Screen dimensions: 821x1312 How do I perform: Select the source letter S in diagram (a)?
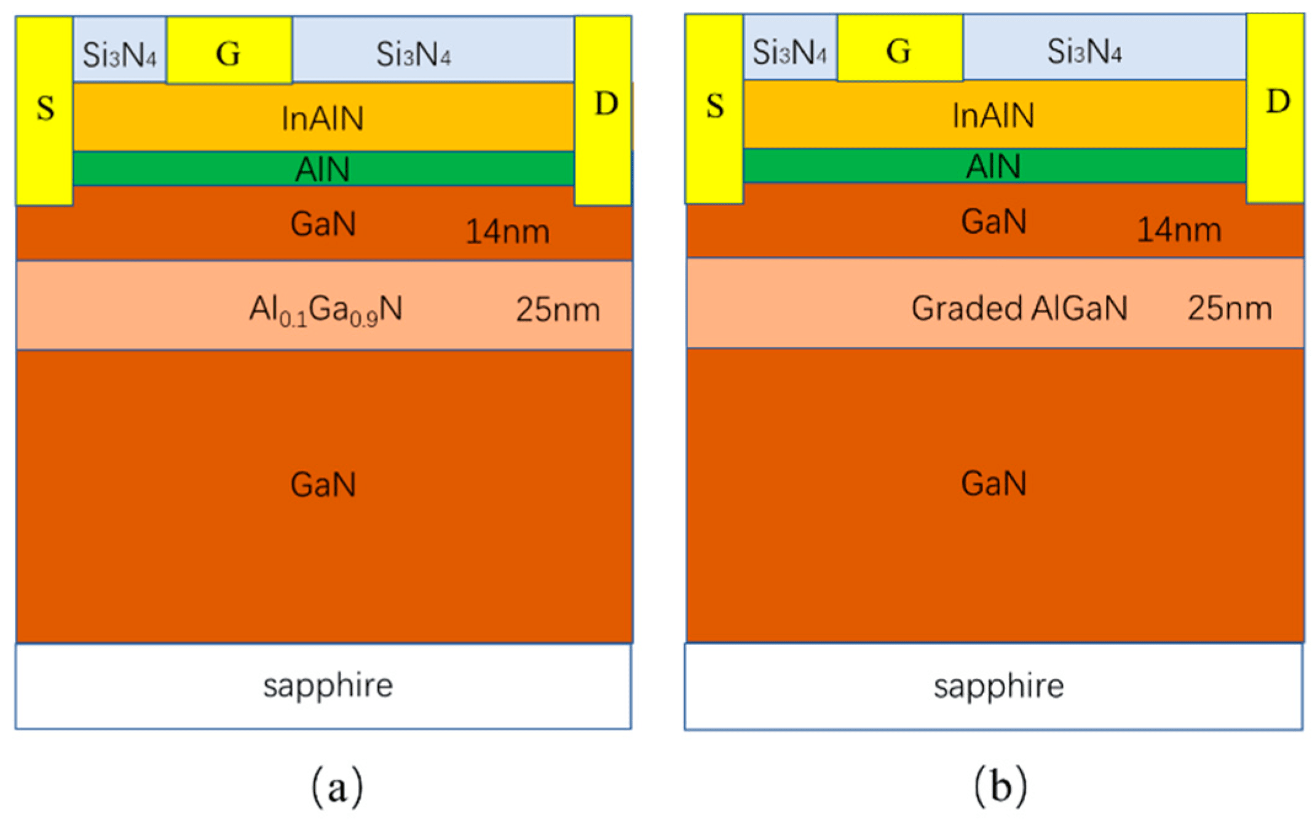click(x=45, y=108)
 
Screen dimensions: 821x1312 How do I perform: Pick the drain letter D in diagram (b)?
click(x=1278, y=101)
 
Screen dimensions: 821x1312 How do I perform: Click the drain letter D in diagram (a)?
click(x=606, y=103)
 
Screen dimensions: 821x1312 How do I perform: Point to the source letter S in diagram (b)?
click(x=714, y=106)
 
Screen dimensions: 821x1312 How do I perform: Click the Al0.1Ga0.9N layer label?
click(x=325, y=309)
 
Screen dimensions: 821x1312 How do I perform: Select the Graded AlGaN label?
click(x=1019, y=308)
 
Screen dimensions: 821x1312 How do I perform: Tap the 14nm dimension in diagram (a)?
click(x=507, y=232)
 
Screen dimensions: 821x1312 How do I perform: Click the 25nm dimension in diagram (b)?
click(x=1230, y=308)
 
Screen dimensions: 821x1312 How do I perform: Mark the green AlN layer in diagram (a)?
click(x=323, y=169)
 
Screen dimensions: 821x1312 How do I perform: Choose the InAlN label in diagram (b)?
click(x=993, y=115)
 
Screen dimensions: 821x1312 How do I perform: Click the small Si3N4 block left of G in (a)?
click(x=120, y=54)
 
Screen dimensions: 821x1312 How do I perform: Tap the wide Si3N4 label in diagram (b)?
click(x=1084, y=52)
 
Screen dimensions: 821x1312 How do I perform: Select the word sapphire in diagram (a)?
click(x=328, y=685)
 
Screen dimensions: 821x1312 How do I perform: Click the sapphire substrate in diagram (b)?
click(x=998, y=686)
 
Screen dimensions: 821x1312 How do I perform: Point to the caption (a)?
click(x=337, y=787)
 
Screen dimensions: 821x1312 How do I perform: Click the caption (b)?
click(x=1000, y=785)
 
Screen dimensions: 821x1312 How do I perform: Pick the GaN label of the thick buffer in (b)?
click(x=994, y=483)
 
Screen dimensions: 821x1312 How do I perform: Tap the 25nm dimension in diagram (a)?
click(x=558, y=309)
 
